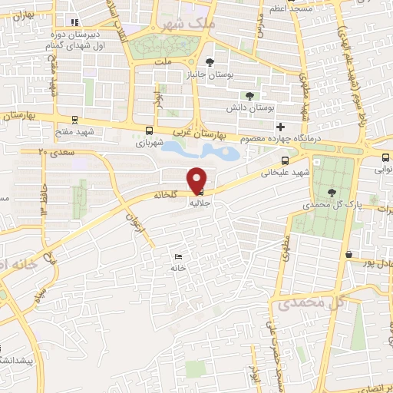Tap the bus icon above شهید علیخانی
coord(286,160)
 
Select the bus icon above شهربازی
coord(148,130)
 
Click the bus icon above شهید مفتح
coord(74,119)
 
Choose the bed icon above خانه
coord(179,256)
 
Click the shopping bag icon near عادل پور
coord(349,253)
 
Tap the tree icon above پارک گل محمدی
coord(332,193)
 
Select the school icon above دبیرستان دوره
coord(74,22)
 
